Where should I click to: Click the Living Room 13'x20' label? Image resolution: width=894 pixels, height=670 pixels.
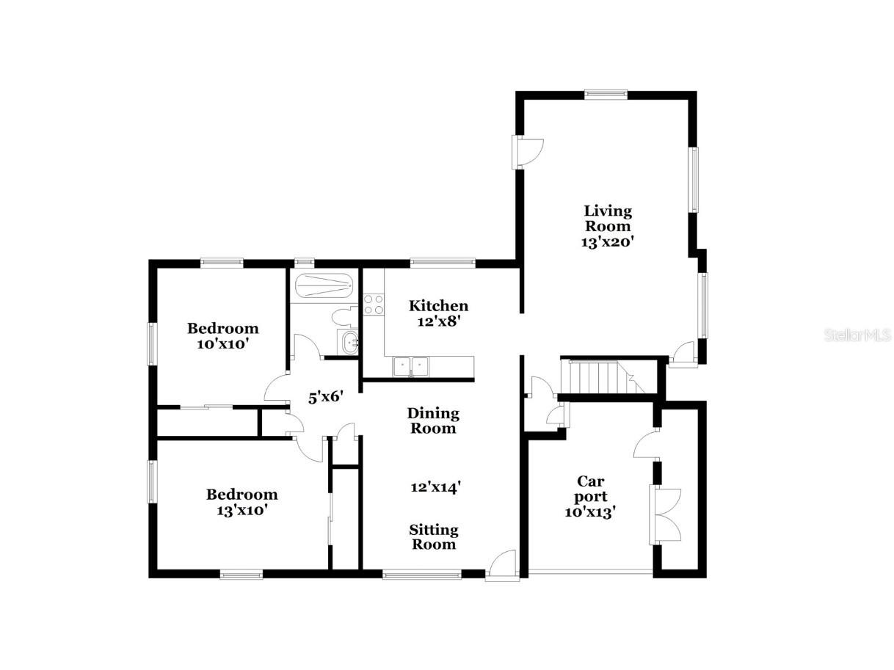tap(607, 227)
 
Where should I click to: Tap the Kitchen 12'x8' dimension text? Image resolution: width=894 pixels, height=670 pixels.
tap(438, 313)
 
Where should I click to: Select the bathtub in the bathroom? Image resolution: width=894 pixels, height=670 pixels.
tap(323, 284)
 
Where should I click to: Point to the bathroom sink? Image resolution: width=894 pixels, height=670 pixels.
tap(349, 342)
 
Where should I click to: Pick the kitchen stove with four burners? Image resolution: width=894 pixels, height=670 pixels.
tap(374, 304)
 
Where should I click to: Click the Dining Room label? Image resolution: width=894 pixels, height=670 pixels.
tap(432, 420)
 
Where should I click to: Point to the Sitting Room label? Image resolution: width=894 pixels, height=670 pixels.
tap(433, 536)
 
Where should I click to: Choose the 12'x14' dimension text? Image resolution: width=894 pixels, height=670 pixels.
tap(435, 487)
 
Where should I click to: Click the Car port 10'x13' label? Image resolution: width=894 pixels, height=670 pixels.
tap(590, 497)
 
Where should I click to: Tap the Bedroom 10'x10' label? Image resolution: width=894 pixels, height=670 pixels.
tap(222, 335)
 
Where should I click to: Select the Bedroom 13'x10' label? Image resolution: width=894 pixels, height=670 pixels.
tap(241, 502)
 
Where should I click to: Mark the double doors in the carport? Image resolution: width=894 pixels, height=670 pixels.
tap(666, 514)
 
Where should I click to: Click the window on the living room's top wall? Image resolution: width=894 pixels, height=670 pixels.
tap(606, 93)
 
